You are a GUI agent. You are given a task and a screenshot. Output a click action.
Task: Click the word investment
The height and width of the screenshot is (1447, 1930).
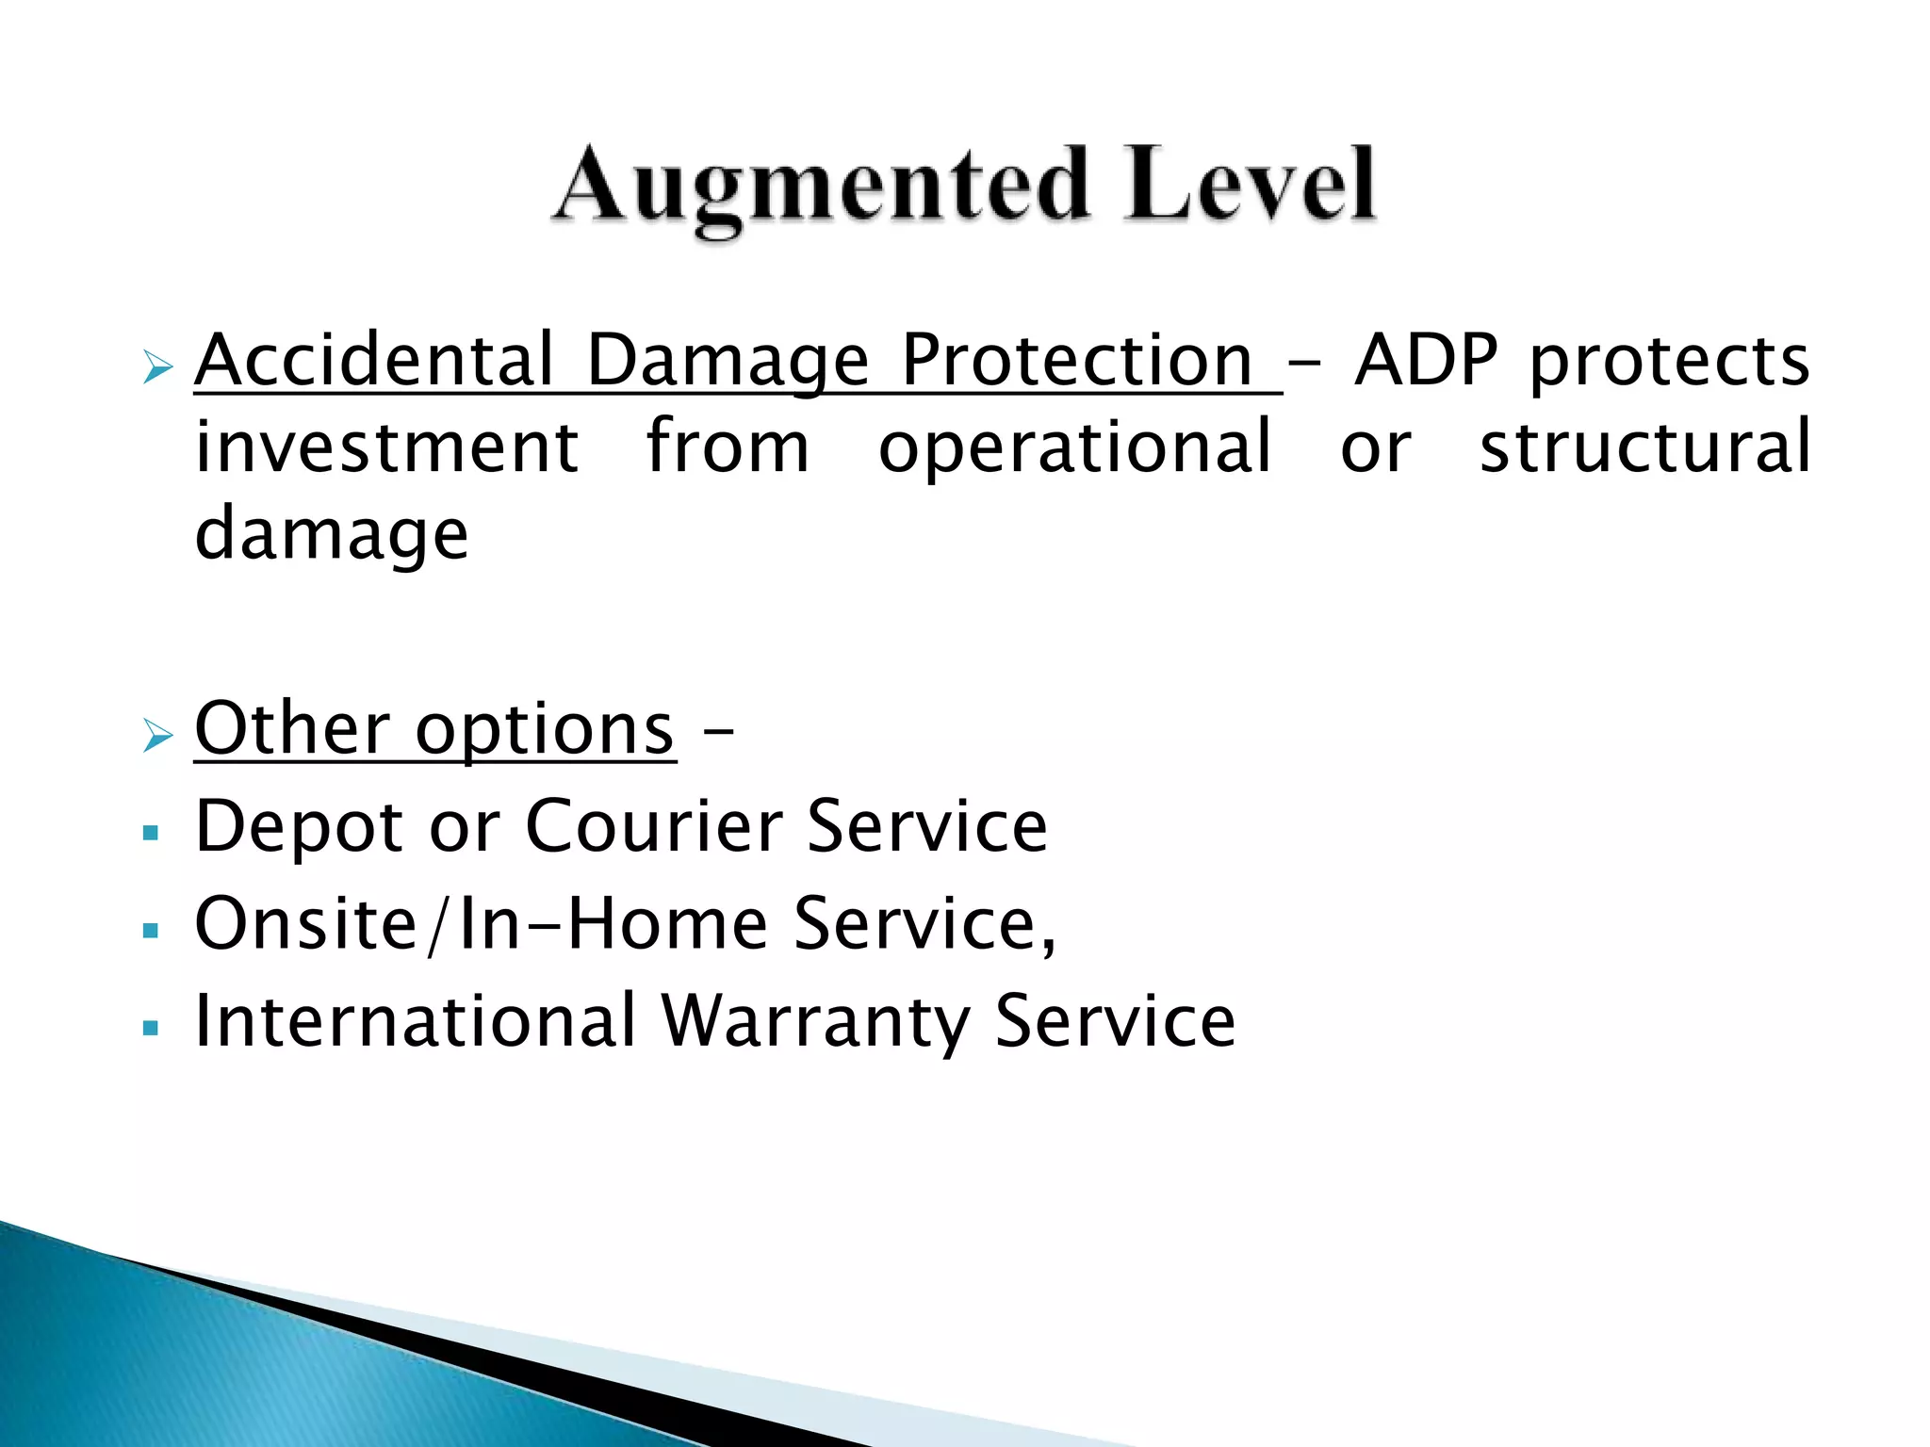(x=386, y=447)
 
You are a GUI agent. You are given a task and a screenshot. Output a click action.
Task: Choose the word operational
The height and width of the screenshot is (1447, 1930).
(x=1075, y=448)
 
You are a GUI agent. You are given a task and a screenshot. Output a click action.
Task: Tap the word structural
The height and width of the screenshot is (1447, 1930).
(x=1645, y=447)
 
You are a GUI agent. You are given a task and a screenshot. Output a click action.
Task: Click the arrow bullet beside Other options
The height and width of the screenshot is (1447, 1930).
(x=157, y=734)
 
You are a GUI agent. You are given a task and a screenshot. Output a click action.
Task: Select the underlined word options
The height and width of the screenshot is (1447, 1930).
(x=545, y=731)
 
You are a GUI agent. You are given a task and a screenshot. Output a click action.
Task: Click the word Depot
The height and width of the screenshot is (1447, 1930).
(x=300, y=827)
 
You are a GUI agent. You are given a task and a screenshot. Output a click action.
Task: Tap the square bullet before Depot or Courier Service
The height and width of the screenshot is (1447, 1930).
(x=151, y=834)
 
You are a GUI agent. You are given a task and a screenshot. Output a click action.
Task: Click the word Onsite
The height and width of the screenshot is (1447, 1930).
(x=305, y=924)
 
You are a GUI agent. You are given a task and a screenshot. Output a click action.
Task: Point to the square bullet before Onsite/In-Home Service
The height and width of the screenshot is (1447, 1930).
(x=151, y=932)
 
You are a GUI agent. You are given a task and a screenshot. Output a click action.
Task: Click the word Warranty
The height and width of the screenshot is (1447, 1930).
(x=815, y=1022)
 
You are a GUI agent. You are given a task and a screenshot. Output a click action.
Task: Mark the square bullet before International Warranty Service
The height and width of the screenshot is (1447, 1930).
(x=151, y=1028)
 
